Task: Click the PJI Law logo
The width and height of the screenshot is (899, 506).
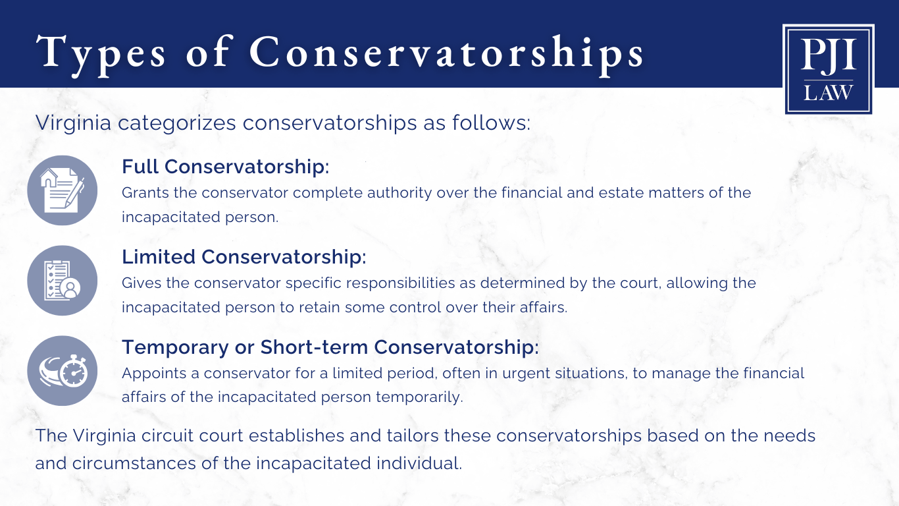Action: pos(829,69)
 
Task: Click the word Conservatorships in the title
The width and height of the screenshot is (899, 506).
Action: pos(447,51)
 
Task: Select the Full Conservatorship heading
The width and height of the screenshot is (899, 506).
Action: pos(225,167)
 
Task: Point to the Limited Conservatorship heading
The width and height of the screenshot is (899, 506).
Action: pos(244,257)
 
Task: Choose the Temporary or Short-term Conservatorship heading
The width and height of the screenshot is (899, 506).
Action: pos(330,347)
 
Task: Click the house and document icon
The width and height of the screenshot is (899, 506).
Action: pos(62,190)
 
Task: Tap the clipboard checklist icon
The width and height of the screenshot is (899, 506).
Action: pos(62,281)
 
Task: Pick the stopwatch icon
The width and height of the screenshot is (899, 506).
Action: pos(62,371)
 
